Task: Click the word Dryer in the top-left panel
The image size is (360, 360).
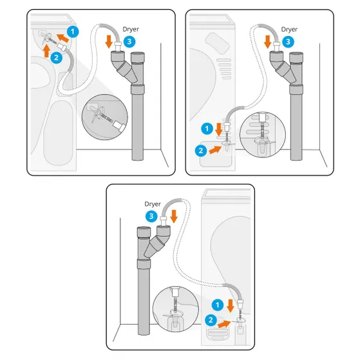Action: [x=131, y=30]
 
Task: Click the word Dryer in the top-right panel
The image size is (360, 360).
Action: [x=289, y=30]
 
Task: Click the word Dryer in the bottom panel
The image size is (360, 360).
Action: [x=153, y=204]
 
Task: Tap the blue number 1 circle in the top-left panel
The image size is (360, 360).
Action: [x=73, y=32]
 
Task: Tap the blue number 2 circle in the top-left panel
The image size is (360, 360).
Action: [x=56, y=57]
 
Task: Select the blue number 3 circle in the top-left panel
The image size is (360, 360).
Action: [x=129, y=42]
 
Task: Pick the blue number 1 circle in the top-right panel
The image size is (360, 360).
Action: [x=207, y=129]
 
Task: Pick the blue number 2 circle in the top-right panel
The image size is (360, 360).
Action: [x=201, y=151]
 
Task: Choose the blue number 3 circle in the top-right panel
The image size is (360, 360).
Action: [x=288, y=42]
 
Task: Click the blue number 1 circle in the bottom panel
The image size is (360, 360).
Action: [x=218, y=305]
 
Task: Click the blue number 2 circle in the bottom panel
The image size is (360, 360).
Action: [x=211, y=320]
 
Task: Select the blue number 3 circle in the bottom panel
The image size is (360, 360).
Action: [x=151, y=216]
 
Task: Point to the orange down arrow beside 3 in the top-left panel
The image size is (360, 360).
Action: [x=109, y=42]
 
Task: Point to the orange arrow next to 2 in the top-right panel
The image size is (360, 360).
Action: [x=215, y=149]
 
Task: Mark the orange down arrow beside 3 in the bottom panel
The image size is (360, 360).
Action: [x=174, y=216]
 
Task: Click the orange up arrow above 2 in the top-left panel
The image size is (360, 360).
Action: [x=46, y=51]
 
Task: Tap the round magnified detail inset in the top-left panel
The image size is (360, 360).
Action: [x=105, y=117]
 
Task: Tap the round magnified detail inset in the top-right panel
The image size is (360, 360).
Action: [x=263, y=135]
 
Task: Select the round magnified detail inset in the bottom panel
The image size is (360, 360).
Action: [x=176, y=309]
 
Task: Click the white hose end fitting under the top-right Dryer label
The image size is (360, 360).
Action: [x=277, y=46]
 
